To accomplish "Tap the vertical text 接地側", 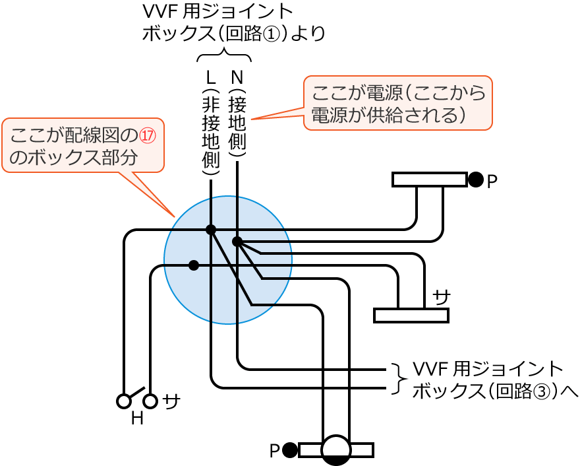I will click(237, 125).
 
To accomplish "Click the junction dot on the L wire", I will click(211, 230).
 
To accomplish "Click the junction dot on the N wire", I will click(237, 242).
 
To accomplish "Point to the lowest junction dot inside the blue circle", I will click(193, 265).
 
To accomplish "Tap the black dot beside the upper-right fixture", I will click(476, 180).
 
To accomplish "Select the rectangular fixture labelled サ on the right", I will click(411, 316).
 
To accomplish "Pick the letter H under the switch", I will click(137, 418).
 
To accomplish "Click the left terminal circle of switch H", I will click(123, 401).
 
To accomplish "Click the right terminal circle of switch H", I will click(151, 401).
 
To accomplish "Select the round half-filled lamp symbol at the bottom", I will click(336, 450).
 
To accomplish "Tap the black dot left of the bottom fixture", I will click(289, 450).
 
